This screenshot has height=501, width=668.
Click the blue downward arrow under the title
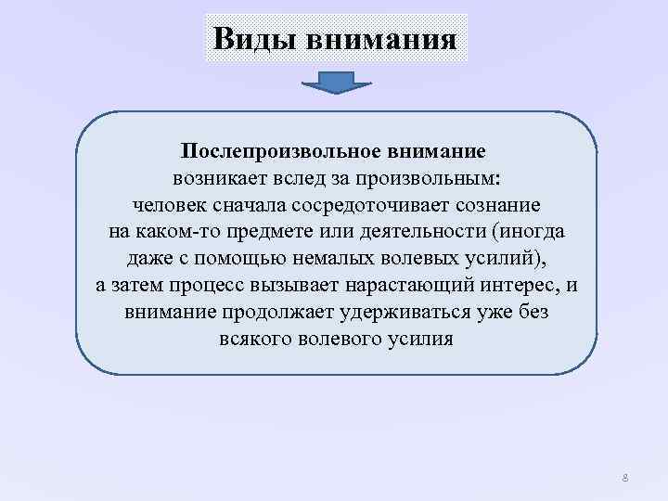coord(337,83)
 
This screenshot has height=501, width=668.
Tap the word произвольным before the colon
coord(426,176)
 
